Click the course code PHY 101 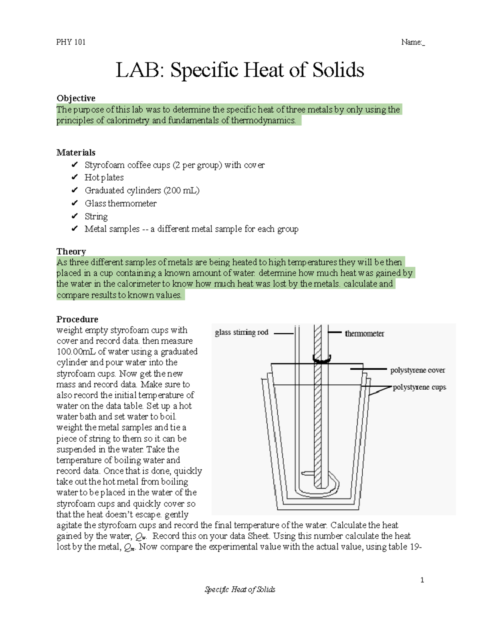click(71, 42)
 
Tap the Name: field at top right click(412, 42)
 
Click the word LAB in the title click(140, 70)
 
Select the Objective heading click(76, 98)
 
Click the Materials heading click(76, 152)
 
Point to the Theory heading click(71, 251)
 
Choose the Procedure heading click(77, 319)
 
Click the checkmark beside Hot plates click(74, 177)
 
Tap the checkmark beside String click(74, 216)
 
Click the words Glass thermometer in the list click(120, 203)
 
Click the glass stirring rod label click(241, 332)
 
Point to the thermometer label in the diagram click(364, 333)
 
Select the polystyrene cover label click(417, 370)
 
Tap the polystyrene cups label click(419, 387)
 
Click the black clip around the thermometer click(321, 359)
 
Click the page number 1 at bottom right click(422, 580)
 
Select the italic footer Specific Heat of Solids click(240, 590)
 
